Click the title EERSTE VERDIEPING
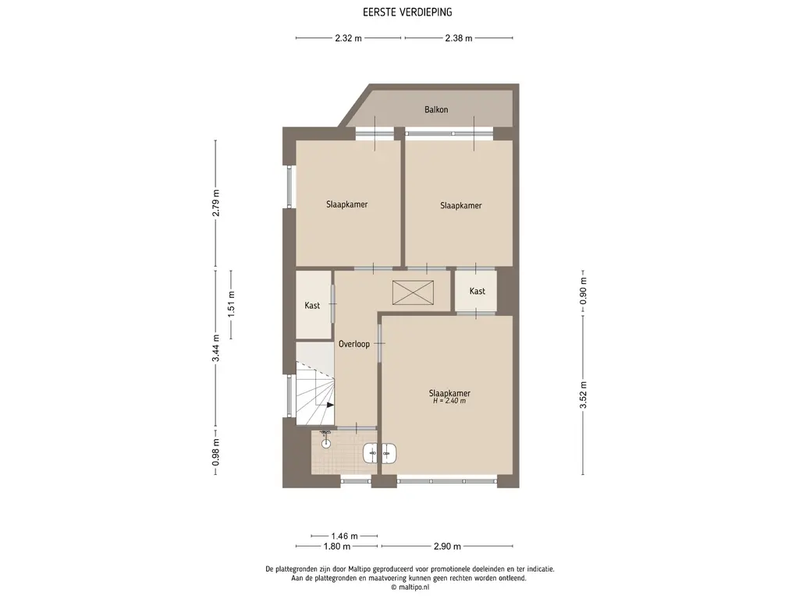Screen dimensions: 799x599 (407, 12)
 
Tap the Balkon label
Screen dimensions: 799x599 (436, 109)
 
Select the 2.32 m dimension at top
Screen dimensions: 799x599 (349, 37)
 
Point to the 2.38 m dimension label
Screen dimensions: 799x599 (459, 37)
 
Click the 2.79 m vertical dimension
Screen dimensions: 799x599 (216, 203)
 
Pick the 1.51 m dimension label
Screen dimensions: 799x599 (231, 304)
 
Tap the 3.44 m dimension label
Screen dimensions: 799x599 (216, 348)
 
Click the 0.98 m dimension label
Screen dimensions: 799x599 (216, 452)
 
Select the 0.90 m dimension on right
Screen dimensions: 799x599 (583, 291)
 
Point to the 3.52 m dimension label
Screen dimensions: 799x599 (583, 395)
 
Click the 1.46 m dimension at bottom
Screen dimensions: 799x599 (344, 536)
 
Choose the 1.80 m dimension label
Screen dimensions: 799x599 (337, 547)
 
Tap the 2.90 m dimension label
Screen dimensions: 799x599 (447, 547)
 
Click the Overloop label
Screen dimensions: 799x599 (354, 344)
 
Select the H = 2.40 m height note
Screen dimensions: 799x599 (449, 401)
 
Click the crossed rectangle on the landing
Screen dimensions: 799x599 (413, 293)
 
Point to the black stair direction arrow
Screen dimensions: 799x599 (330, 405)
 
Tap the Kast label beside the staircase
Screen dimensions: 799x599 (312, 306)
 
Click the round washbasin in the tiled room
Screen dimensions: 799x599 (326, 443)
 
